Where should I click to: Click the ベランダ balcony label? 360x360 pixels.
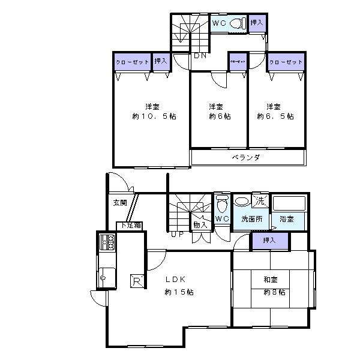(245, 157)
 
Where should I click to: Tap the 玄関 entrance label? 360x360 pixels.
(119, 203)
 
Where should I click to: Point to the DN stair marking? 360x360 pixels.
(200, 56)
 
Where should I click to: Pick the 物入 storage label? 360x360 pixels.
(200, 225)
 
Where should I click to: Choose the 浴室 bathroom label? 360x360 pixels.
(287, 220)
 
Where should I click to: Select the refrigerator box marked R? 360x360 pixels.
(137, 281)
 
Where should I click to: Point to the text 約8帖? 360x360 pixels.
(274, 292)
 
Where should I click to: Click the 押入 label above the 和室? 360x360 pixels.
(269, 240)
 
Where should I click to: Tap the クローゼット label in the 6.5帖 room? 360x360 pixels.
(286, 62)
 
